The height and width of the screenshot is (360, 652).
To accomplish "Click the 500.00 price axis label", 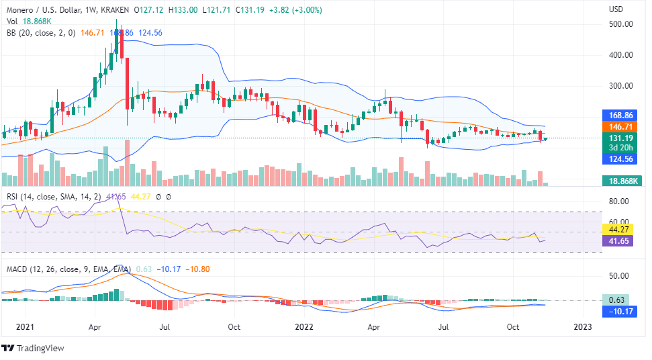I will (620, 24).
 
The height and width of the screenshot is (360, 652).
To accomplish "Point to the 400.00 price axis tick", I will (620, 55).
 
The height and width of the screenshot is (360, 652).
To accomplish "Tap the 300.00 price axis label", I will (620, 86).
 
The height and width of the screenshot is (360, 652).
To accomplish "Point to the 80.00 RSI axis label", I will (618, 201).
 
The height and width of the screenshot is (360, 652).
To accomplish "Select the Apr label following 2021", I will (95, 327).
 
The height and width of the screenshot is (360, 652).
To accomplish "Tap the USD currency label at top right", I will (616, 10).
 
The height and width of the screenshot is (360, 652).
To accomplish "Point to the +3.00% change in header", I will (304, 10).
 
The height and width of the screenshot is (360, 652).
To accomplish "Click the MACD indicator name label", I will (18, 269).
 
